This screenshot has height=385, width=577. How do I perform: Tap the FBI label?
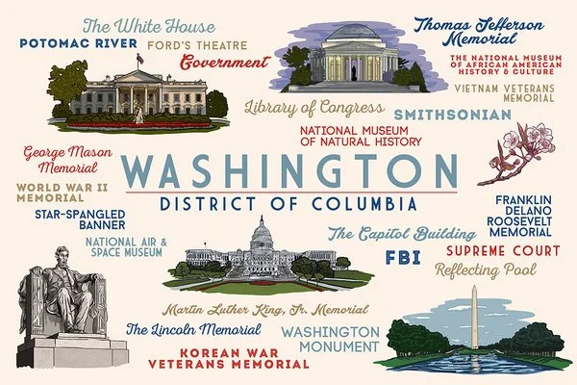tap(402, 257)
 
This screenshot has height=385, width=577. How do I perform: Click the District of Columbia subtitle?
tap(288, 204)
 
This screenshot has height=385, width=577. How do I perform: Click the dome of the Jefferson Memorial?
tap(354, 38)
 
